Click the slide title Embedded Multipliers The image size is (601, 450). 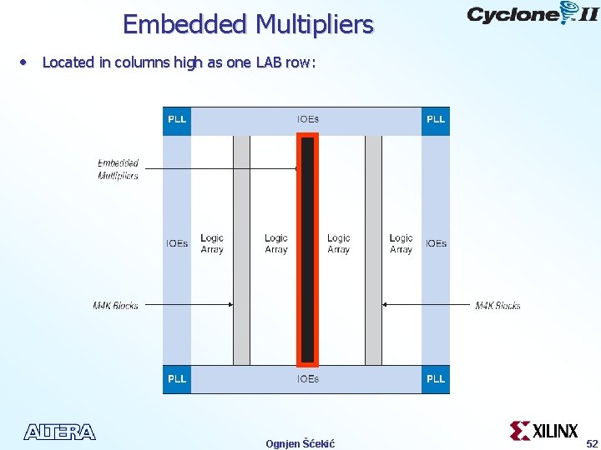[x=248, y=24]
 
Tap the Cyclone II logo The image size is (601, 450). [x=532, y=14]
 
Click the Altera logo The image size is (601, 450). [x=59, y=432]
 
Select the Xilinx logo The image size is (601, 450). [x=544, y=431]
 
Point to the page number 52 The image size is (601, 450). [x=592, y=443]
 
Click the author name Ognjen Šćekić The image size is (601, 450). [x=300, y=443]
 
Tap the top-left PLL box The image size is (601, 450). [x=177, y=120]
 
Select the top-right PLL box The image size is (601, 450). [x=436, y=120]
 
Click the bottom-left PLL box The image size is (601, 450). [x=177, y=379]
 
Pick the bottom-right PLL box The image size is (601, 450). [x=436, y=379]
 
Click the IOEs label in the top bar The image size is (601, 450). [x=307, y=120]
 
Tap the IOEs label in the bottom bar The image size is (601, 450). [x=307, y=379]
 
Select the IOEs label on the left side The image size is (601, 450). [x=177, y=243]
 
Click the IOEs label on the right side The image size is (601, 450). [x=436, y=243]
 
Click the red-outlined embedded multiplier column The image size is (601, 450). [x=307, y=250]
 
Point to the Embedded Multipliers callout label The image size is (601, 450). [x=118, y=169]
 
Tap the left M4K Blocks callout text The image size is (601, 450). [x=115, y=306]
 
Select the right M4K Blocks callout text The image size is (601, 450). [x=497, y=306]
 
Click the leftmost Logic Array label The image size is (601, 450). [x=212, y=243]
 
